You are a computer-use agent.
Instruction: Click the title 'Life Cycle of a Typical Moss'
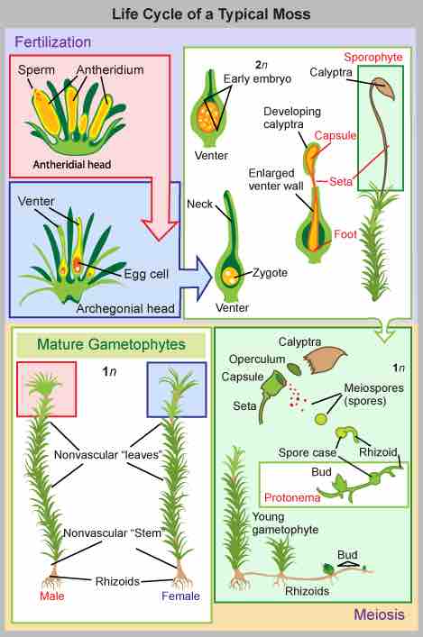pos(211,14)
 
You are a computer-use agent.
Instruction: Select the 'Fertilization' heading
pos(52,41)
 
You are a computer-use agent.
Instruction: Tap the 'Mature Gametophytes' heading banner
pos(107,343)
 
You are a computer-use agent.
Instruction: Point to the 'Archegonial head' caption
pos(125,309)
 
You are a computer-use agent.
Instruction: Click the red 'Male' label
pos(51,596)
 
